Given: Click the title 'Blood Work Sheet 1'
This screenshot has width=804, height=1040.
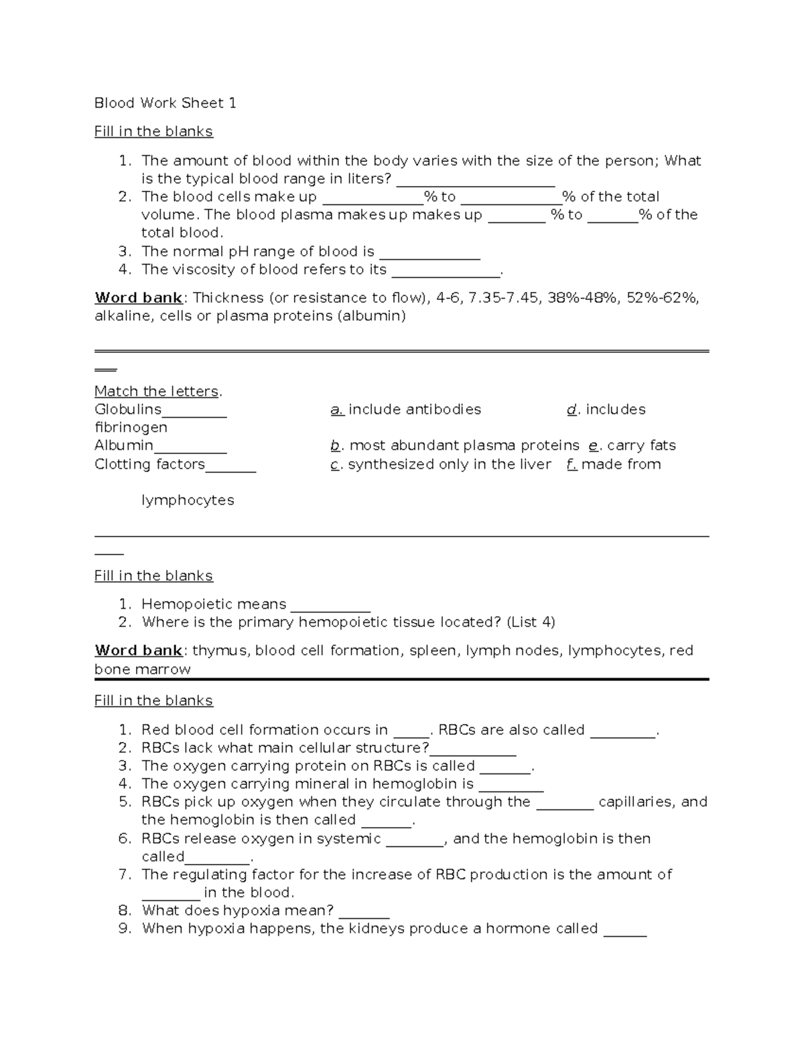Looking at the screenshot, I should click(x=165, y=103).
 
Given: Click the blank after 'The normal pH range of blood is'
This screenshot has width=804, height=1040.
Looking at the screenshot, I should click(x=429, y=253).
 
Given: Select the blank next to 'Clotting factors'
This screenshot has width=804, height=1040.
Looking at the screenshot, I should click(x=230, y=465).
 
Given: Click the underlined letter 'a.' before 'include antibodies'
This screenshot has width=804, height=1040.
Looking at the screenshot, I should click(x=337, y=410).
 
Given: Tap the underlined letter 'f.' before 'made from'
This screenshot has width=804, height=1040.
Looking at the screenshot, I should click(x=572, y=465).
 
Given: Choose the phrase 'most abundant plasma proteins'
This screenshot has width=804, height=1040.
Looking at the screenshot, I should click(x=464, y=446).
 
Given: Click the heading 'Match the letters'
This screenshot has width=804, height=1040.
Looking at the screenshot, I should click(x=157, y=392).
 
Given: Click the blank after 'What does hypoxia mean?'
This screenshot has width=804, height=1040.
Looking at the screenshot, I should click(x=364, y=912).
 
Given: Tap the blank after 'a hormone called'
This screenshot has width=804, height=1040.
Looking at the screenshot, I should click(x=624, y=930).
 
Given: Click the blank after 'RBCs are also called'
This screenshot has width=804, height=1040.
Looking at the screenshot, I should click(x=622, y=731).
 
